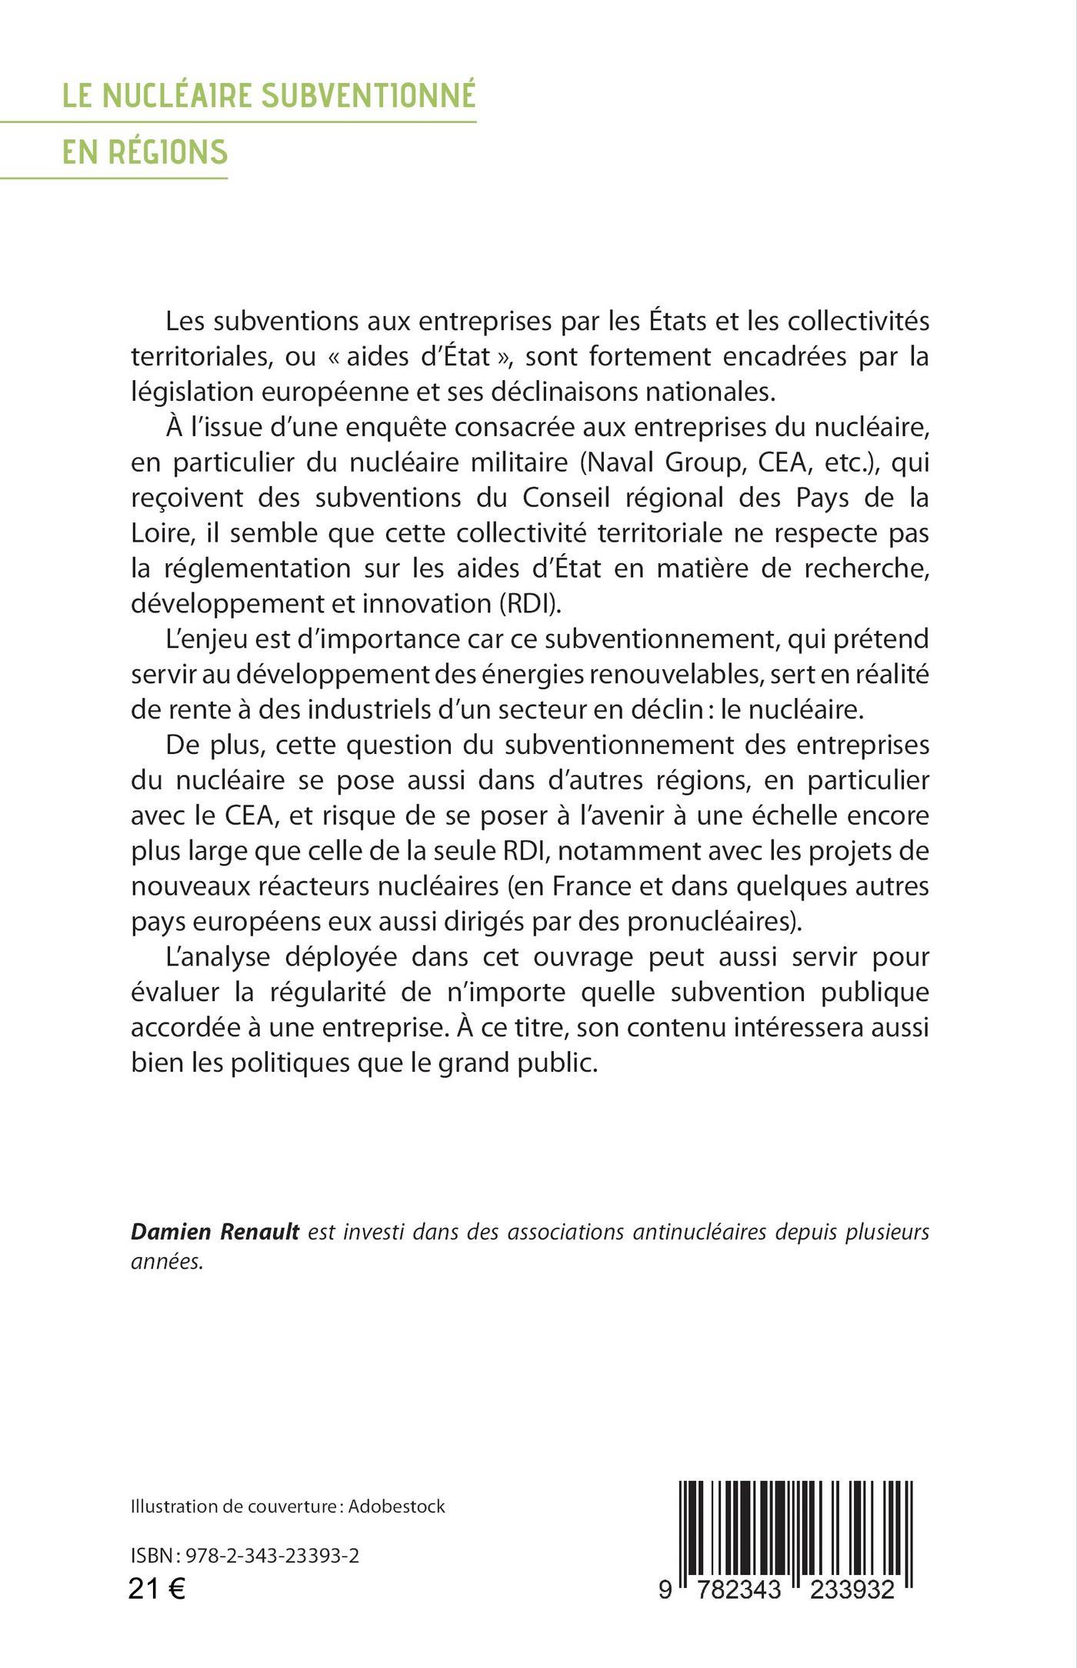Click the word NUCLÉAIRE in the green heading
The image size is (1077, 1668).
(x=177, y=96)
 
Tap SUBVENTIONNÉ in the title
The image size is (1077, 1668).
(x=368, y=96)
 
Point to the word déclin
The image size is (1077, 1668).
(x=655, y=709)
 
